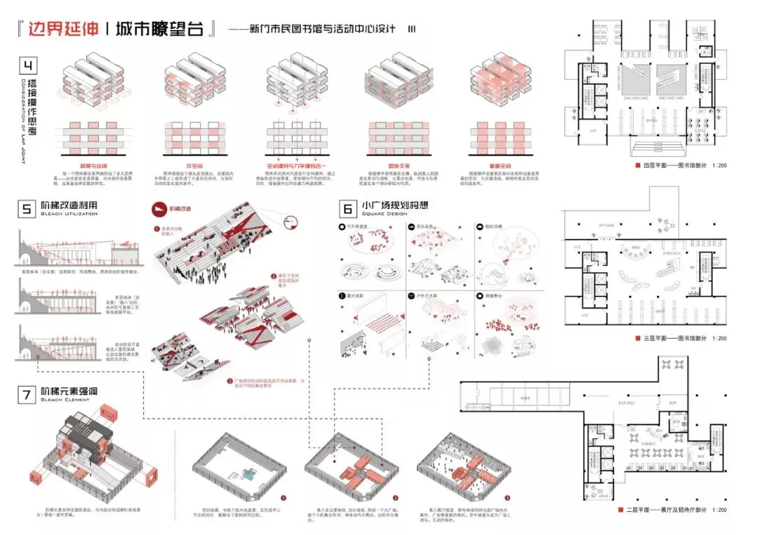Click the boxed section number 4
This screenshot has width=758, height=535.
pos(28,67)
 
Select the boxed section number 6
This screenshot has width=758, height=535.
pos(347,208)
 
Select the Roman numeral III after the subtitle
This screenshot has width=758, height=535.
pos(412,30)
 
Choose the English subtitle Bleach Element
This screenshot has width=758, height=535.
pos(65,401)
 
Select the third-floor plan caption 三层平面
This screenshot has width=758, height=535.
pos(654,339)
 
